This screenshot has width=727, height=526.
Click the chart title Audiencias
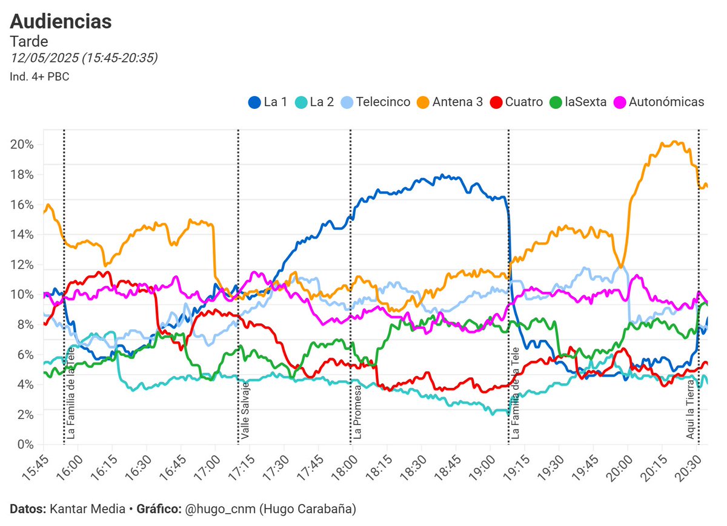tap(61, 21)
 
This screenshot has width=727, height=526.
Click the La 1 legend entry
tap(268, 102)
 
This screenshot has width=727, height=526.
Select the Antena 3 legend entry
tap(450, 102)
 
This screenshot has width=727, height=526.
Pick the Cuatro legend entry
tap(517, 102)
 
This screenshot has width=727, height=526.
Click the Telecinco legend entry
tap(376, 102)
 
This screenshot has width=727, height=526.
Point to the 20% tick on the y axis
tap(22, 145)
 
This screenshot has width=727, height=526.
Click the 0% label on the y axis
tap(25, 444)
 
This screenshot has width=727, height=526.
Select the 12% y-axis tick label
tap(22, 265)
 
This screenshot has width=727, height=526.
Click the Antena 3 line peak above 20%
tap(674, 143)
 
